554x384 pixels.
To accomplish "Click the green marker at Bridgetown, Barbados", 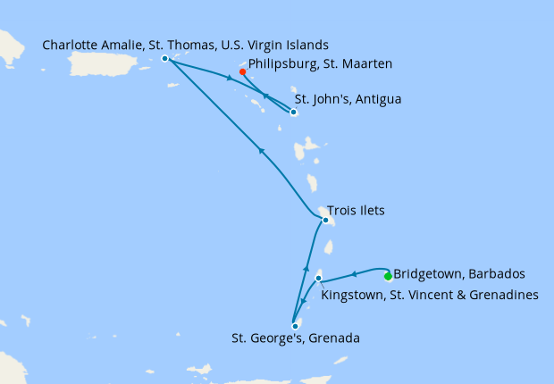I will pyautogui.click(x=388, y=276).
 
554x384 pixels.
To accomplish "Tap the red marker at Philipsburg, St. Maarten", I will pyautogui.click(x=242, y=71).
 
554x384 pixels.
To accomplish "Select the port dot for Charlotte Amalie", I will pyautogui.click(x=165, y=59).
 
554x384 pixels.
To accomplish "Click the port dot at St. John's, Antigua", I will pyautogui.click(x=293, y=113).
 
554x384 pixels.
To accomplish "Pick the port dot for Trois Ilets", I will pyautogui.click(x=326, y=220).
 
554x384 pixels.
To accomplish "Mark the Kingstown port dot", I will pyautogui.click(x=318, y=279).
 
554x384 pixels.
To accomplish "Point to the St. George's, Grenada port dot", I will pyautogui.click(x=295, y=326).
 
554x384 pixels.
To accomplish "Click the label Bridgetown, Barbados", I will pyautogui.click(x=459, y=273).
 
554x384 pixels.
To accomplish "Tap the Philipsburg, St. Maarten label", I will pyautogui.click(x=320, y=64).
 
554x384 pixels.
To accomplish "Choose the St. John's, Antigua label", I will pyautogui.click(x=348, y=99).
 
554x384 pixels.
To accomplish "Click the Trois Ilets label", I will pyautogui.click(x=362, y=212).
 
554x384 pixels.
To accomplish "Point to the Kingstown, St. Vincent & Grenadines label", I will pyautogui.click(x=429, y=294).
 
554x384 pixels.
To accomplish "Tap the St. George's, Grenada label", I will pyautogui.click(x=294, y=339).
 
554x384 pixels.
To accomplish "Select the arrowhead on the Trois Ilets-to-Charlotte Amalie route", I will pyautogui.click(x=261, y=151).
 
